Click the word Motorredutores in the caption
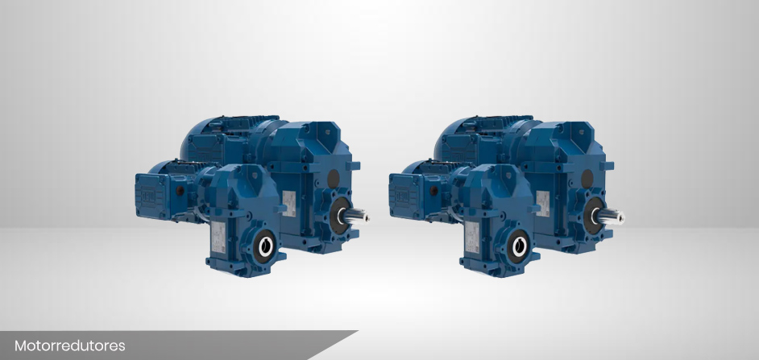pos(70,346)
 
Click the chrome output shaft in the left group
pos(355,216)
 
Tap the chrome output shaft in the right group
pos(609,216)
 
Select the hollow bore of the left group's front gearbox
pos(266,246)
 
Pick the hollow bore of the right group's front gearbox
pos(520,246)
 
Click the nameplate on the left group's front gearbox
pos(218,237)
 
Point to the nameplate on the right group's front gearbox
pos(472,237)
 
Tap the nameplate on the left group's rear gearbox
pos(289,203)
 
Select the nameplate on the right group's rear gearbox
pos(542,203)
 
